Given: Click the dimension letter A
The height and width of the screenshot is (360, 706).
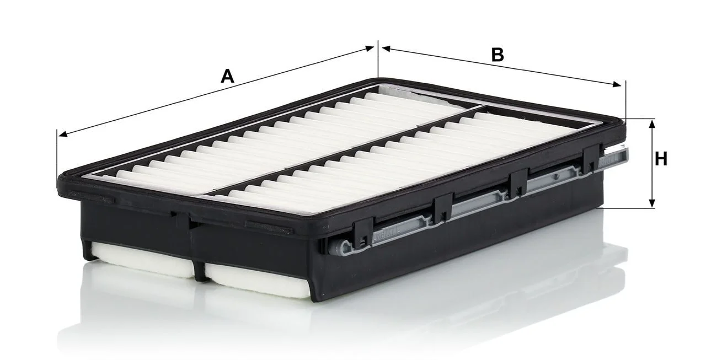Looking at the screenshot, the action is (228, 77).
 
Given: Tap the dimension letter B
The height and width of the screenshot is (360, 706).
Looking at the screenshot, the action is (498, 55).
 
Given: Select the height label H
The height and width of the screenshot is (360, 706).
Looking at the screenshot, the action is (661, 159).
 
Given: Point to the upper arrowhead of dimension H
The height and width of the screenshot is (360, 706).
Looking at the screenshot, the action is (652, 125).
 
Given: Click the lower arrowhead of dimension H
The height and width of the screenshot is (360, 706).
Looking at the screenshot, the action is (652, 202).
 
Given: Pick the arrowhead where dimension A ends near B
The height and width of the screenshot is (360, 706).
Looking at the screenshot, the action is (369, 48).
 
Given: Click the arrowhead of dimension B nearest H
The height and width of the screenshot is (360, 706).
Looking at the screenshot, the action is (617, 84).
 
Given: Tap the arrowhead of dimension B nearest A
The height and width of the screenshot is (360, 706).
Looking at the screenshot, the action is (387, 49).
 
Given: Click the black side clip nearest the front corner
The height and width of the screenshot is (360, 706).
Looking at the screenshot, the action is (362, 233).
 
